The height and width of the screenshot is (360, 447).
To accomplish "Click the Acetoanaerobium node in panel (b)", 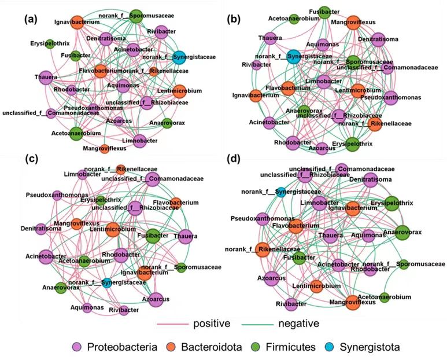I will pos(294,19).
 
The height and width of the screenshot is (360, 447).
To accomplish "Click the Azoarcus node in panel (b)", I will pos(322,148).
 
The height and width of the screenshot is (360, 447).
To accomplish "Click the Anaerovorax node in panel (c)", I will pos(61,287).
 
